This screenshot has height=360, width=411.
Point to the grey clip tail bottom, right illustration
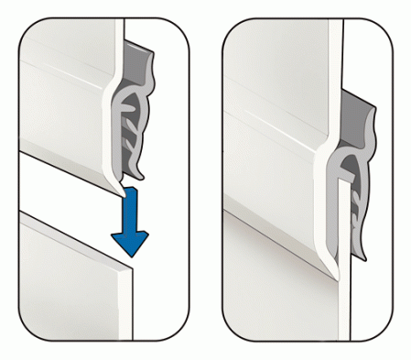pyautogui.click(x=362, y=252)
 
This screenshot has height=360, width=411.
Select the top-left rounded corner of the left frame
pyautogui.click(x=27, y=27)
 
